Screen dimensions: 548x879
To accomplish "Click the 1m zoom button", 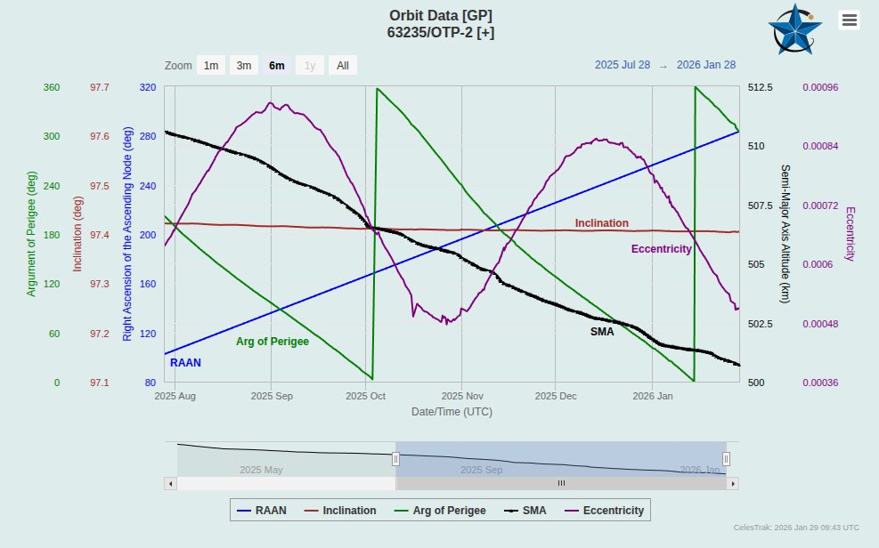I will (211, 65).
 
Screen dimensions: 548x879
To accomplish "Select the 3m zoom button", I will (243, 65).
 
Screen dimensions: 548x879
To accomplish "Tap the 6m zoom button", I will (277, 65).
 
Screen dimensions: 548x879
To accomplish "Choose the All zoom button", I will (343, 65).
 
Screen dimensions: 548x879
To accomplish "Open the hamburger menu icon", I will (850, 20).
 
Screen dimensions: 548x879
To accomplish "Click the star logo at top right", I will (794, 29).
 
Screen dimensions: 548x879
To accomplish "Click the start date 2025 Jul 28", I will (623, 65).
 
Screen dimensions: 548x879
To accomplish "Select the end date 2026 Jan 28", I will (706, 65).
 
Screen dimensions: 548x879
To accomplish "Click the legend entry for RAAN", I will (262, 511).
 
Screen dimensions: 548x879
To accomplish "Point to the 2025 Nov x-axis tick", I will (461, 396).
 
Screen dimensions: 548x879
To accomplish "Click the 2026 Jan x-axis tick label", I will (652, 396).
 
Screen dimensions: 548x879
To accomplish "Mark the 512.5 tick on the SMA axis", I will (760, 88).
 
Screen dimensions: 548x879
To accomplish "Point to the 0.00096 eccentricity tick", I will (822, 88).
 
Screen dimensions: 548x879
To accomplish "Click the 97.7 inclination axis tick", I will (100, 88).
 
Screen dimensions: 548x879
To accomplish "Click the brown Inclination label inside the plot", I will (601, 223).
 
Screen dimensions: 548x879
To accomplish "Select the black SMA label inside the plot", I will (602, 331).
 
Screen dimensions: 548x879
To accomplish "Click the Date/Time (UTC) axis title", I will (452, 412).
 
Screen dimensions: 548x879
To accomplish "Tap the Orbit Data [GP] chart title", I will (440, 16).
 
